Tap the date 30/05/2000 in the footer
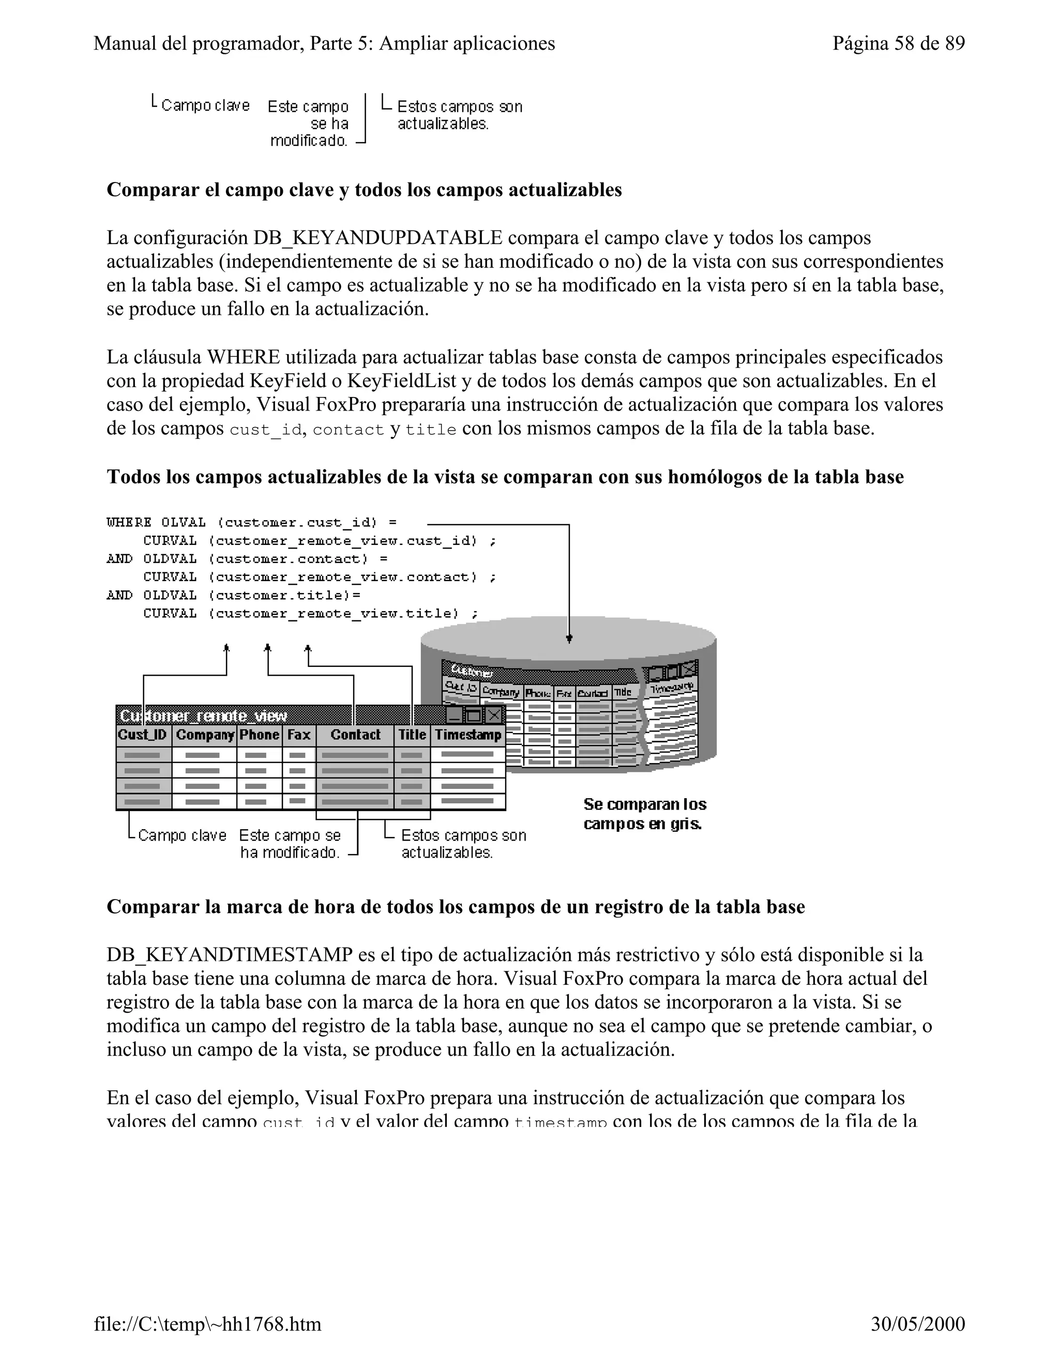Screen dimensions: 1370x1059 pos(918,1323)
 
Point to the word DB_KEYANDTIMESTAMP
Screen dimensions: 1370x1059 pos(229,955)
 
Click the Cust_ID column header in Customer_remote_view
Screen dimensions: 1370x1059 pos(143,735)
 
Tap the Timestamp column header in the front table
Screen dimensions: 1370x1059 pos(468,735)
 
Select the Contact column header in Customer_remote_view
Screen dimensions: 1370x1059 pos(355,735)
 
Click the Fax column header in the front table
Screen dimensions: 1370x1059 pos(299,735)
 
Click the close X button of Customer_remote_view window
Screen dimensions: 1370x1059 pos(494,715)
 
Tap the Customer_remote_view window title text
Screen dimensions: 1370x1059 pos(203,716)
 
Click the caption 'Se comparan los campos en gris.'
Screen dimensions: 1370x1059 pos(644,814)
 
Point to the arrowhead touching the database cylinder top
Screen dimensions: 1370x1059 pos(569,638)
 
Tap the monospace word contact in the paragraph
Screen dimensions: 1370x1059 pos(348,430)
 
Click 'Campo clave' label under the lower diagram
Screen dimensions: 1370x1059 pos(182,835)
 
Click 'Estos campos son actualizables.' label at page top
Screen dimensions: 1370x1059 pos(459,115)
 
